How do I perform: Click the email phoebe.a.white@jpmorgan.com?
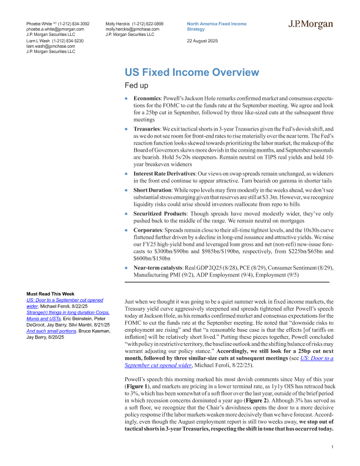point(55,28)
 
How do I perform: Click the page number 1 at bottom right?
point(333,448)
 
